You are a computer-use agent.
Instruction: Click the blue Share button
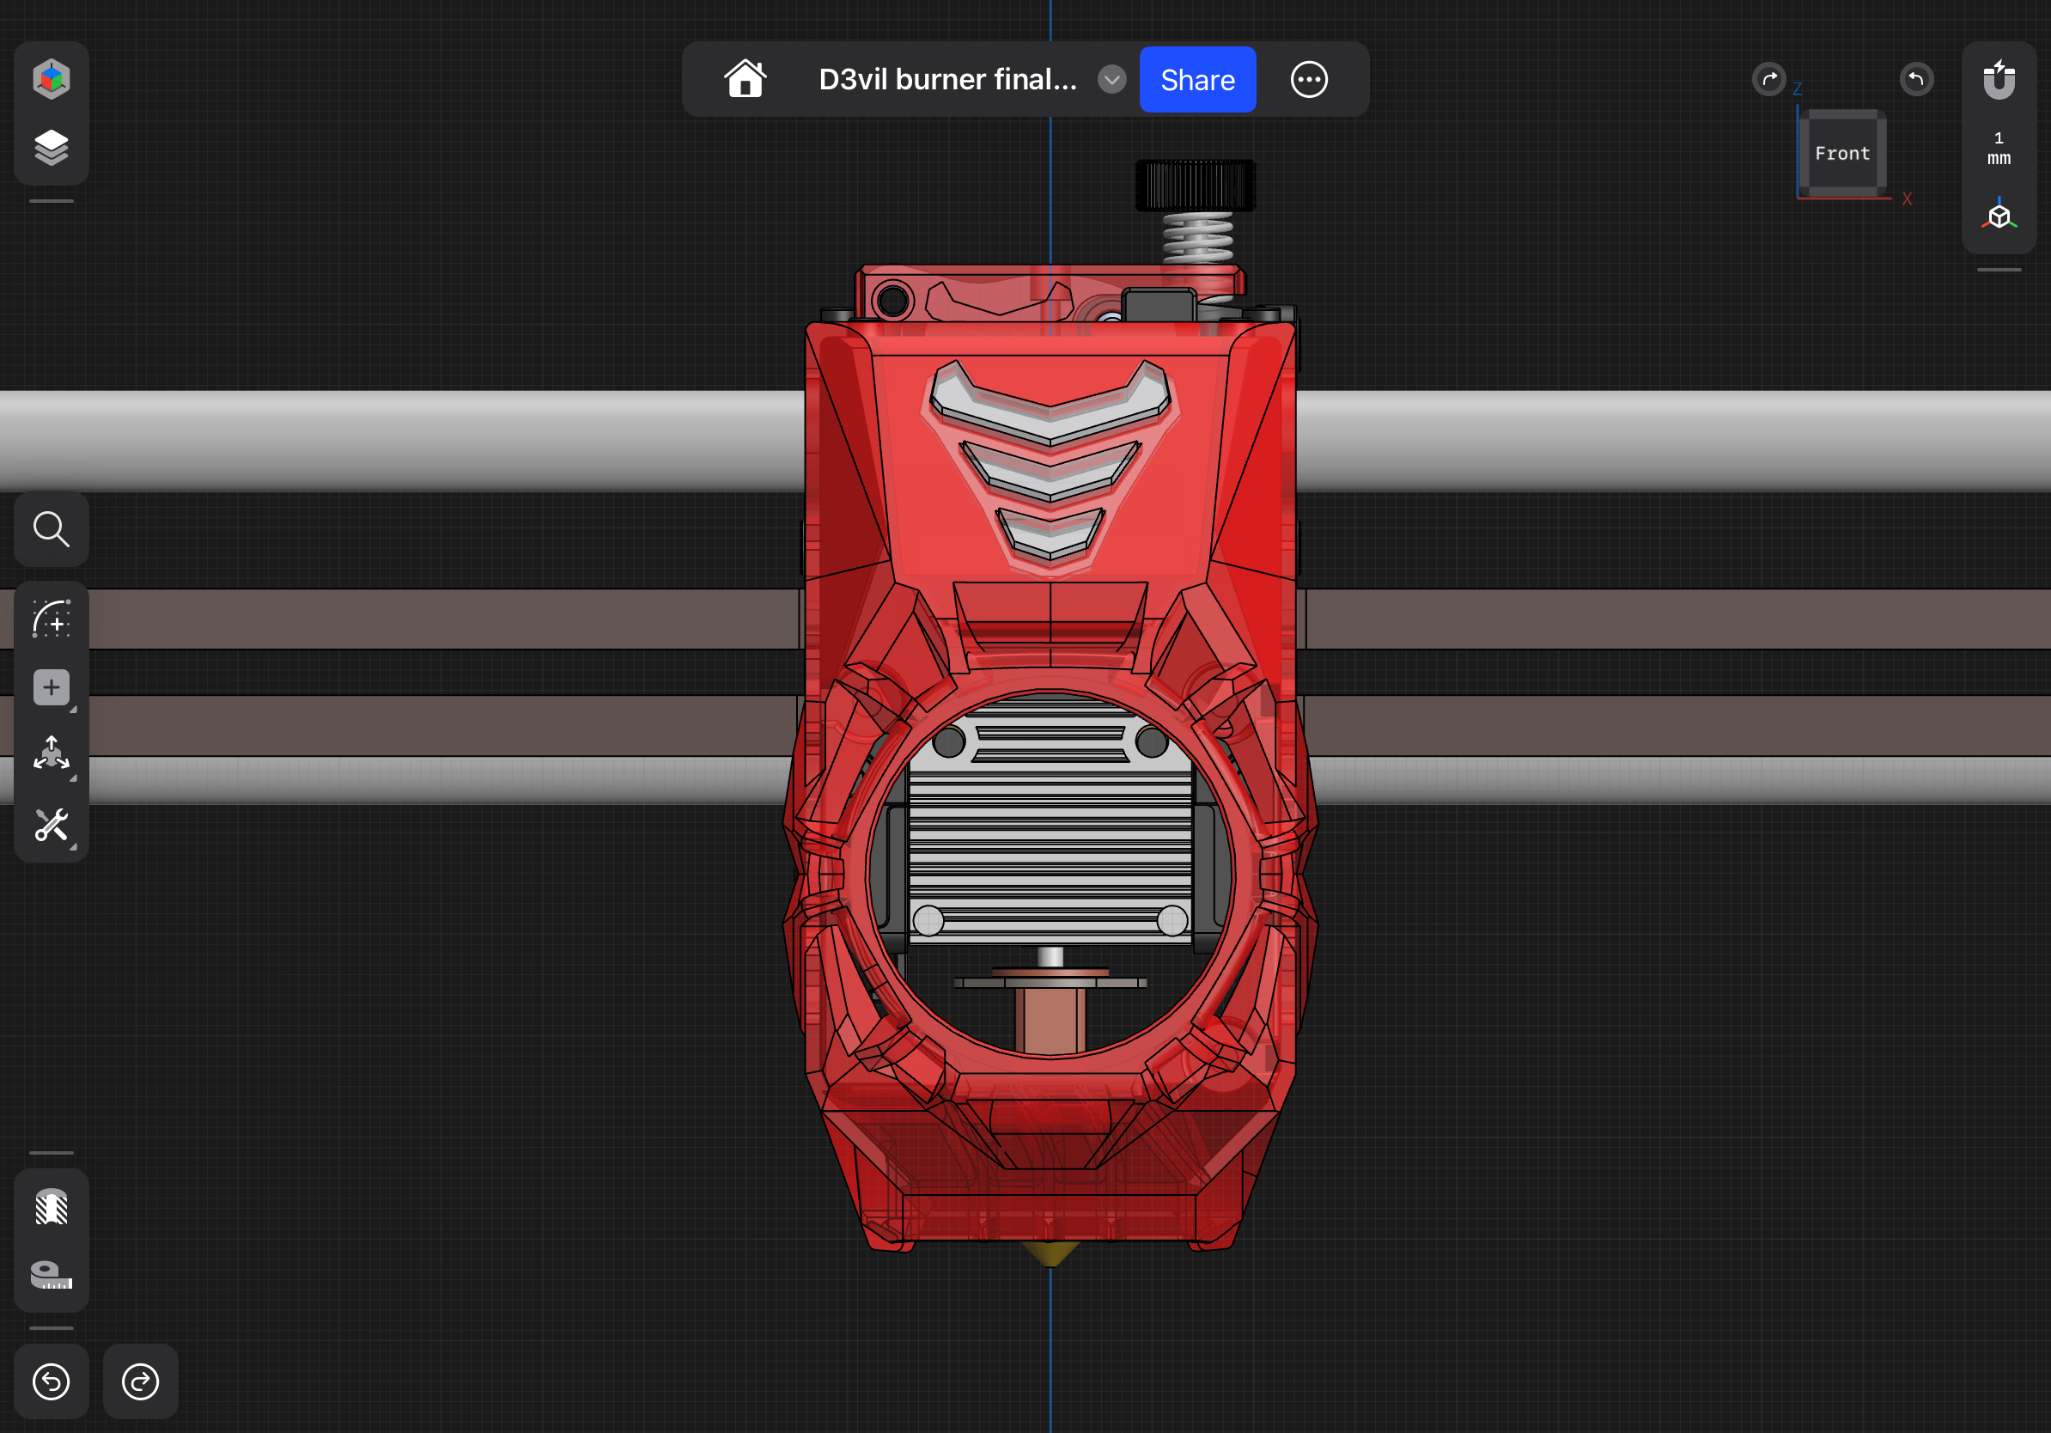(x=1197, y=80)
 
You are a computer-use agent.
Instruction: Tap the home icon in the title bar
(x=745, y=80)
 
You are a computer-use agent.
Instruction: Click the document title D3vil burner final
(x=946, y=80)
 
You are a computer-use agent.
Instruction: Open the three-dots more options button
(x=1309, y=80)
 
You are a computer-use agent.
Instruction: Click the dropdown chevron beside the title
(x=1111, y=80)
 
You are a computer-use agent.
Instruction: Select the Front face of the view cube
(x=1841, y=153)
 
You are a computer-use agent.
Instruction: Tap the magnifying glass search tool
(x=51, y=529)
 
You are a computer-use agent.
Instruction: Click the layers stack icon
(x=51, y=148)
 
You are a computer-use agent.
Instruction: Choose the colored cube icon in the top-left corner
(x=51, y=79)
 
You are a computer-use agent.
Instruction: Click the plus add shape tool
(x=51, y=687)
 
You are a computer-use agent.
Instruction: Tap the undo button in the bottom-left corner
(x=51, y=1381)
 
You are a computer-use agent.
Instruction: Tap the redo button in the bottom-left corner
(x=140, y=1381)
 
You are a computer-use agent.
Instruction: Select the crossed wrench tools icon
(x=51, y=826)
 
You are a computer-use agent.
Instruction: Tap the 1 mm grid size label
(x=1999, y=149)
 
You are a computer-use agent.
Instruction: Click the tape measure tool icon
(x=51, y=1275)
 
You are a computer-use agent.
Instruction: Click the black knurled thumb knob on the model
(x=1195, y=185)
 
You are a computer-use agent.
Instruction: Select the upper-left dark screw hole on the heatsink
(x=948, y=741)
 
